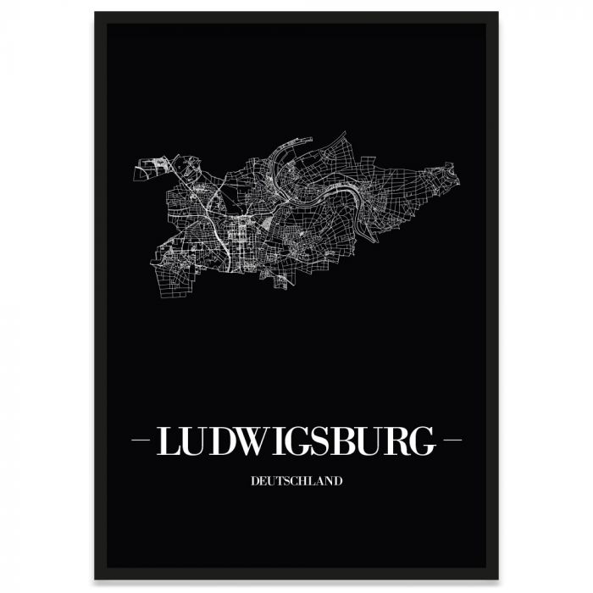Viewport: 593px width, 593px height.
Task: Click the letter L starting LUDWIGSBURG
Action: pyautogui.click(x=166, y=441)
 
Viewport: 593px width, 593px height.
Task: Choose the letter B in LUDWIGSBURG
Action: pyautogui.click(x=346, y=441)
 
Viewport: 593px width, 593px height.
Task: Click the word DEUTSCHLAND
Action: pyautogui.click(x=296, y=480)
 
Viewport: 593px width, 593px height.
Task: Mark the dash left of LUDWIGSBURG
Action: pyautogui.click(x=141, y=441)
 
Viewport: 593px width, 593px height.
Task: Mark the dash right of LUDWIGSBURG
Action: pyautogui.click(x=452, y=441)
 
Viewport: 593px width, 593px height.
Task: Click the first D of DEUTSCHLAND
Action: pyautogui.click(x=254, y=480)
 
